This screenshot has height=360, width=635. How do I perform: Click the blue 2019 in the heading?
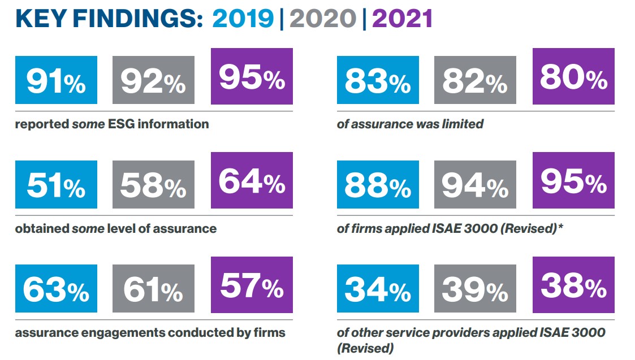click(x=243, y=19)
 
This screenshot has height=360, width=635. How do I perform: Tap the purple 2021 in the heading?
click(x=402, y=19)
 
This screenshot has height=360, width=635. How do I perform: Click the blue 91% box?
click(x=56, y=80)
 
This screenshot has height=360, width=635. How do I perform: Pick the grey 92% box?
click(x=153, y=80)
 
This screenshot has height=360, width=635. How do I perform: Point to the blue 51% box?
click(x=56, y=184)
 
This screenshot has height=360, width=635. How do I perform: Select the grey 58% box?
click(x=153, y=184)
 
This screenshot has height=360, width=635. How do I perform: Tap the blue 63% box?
click(x=56, y=288)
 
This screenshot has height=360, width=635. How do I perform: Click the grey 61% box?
click(x=153, y=288)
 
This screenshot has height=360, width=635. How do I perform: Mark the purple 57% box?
click(x=252, y=284)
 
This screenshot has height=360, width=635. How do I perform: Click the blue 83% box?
click(x=378, y=80)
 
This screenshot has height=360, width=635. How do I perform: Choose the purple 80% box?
click(x=573, y=76)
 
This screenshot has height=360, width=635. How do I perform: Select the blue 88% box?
click(x=378, y=184)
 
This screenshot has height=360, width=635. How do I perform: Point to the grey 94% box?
click(x=475, y=184)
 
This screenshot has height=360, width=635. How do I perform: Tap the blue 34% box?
click(x=378, y=288)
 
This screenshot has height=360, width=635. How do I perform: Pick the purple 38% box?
click(x=573, y=284)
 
